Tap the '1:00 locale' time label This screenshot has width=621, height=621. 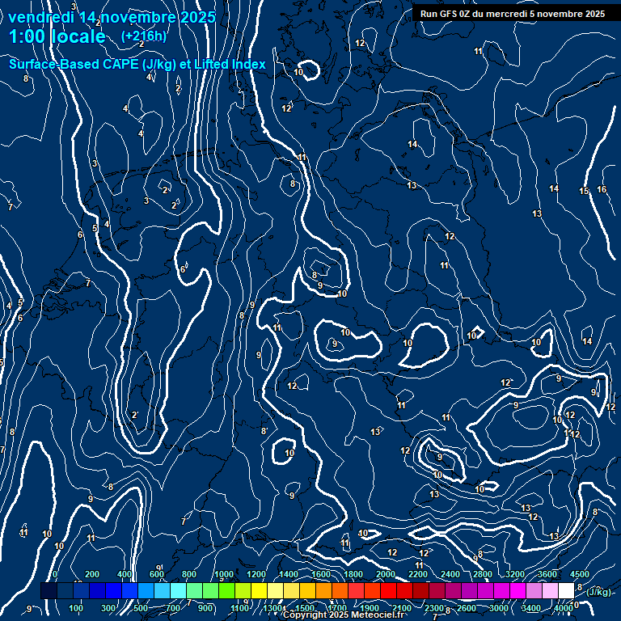click(57, 36)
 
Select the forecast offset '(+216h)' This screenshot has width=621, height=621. click(144, 36)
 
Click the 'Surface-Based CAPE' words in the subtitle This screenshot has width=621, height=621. click(74, 64)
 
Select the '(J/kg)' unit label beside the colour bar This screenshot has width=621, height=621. click(598, 593)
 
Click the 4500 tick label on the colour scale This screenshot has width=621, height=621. click(580, 574)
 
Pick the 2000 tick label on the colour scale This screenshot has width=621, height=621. click(385, 574)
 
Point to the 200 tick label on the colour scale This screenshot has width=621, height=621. click(92, 574)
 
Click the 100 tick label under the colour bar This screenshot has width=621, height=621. click(76, 608)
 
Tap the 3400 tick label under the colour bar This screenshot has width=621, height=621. click(531, 608)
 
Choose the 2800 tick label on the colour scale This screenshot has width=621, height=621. click(482, 574)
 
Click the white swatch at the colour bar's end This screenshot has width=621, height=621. click(566, 591)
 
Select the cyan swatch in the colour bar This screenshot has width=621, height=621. click(178, 591)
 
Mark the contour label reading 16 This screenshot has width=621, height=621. click(602, 190)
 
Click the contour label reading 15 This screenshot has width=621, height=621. click(584, 192)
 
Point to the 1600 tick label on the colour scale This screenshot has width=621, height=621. click(320, 574)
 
